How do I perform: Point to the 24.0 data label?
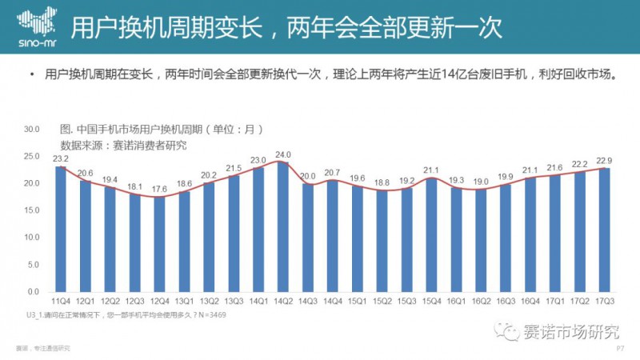coord(283,154)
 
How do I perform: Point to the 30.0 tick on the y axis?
coord(33,128)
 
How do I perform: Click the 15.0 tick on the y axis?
coord(33,210)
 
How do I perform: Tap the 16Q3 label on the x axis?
coord(505,302)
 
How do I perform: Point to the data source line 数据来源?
coord(123,145)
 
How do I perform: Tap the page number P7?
coord(620,350)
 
